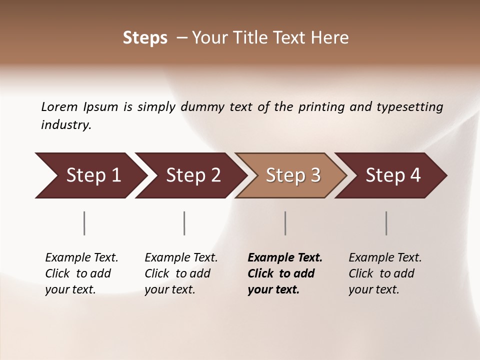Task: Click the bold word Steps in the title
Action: point(145,38)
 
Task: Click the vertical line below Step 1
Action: point(84,223)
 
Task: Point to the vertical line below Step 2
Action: point(184,223)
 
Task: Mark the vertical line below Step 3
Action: point(285,223)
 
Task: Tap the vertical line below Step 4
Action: point(386,223)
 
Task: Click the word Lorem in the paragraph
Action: point(59,106)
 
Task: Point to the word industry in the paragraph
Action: point(66,124)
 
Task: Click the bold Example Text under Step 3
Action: point(285,257)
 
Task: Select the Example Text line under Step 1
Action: point(81,257)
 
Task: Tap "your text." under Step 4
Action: point(374,289)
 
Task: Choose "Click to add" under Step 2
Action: point(177,273)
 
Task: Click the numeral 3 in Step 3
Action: point(315,175)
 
